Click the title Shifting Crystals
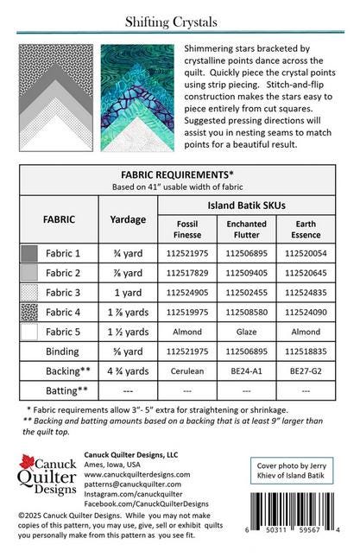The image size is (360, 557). [x=181, y=21]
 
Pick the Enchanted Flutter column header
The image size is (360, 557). [x=246, y=230]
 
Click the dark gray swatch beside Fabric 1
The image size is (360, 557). [x=30, y=254]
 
